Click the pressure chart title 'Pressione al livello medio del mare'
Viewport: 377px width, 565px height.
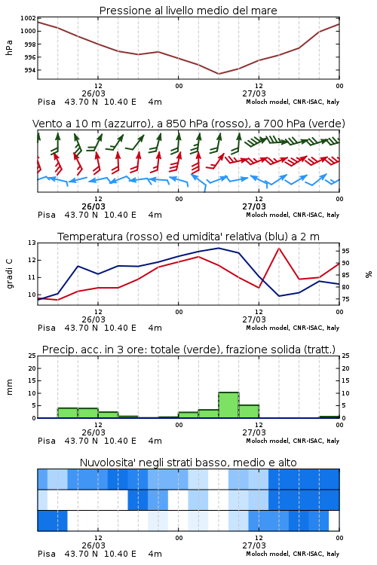click(x=188, y=11)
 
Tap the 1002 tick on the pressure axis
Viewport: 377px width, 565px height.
click(x=28, y=18)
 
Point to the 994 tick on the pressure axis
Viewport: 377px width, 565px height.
click(x=30, y=70)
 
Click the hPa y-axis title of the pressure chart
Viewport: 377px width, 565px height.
click(x=9, y=47)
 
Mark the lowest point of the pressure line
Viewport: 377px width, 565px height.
click(x=218, y=74)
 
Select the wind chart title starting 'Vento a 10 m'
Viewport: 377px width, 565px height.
click(x=188, y=124)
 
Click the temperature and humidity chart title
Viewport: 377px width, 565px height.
click(x=188, y=237)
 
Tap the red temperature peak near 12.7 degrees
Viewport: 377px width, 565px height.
click(x=279, y=249)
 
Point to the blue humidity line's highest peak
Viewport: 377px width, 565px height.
click(x=218, y=248)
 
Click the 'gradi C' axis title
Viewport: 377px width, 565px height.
click(x=9, y=274)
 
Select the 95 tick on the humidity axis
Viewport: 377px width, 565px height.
click(x=345, y=251)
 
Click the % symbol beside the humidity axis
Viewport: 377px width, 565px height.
click(x=369, y=274)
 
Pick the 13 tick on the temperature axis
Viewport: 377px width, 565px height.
click(x=32, y=243)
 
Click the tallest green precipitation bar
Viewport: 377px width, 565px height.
click(x=228, y=405)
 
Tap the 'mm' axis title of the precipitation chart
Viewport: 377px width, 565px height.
click(x=9, y=387)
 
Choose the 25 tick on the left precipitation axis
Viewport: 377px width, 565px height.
click(x=32, y=356)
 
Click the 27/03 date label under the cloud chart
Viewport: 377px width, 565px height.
click(x=254, y=545)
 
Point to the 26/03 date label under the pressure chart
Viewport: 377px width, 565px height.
click(x=93, y=93)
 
